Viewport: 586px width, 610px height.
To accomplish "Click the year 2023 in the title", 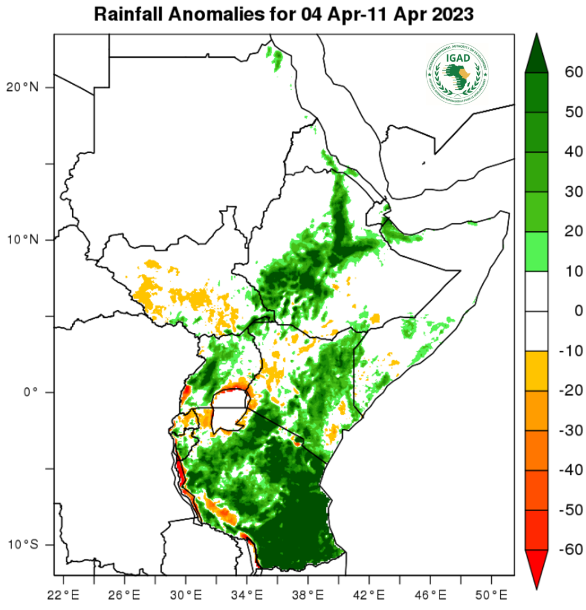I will click(452, 14).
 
